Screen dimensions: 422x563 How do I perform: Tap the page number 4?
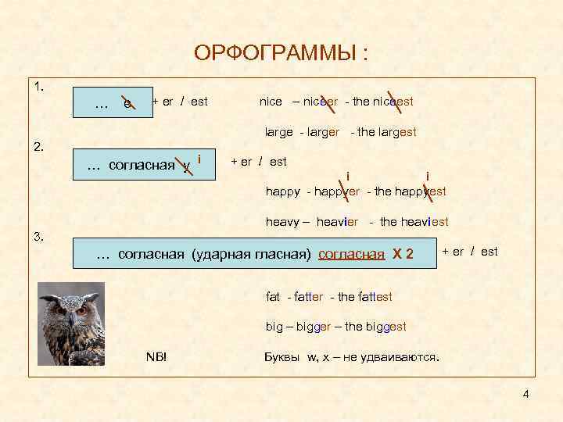526,394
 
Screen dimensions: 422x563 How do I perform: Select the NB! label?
157,357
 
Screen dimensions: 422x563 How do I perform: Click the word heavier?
338,222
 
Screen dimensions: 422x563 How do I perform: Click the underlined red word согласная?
352,254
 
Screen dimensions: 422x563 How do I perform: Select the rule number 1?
39,85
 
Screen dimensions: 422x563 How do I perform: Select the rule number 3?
39,236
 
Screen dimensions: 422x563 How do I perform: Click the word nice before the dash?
271,102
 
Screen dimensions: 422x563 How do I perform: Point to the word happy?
282,191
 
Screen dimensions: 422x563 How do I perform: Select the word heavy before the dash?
281,222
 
